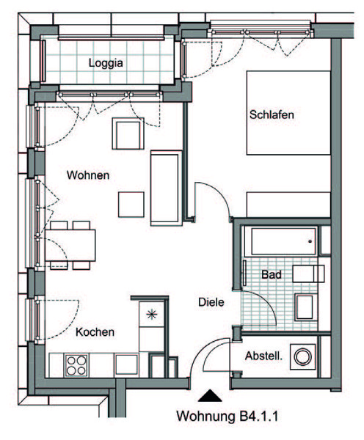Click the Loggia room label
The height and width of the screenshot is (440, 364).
tap(106, 63)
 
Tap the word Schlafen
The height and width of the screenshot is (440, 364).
tap(272, 114)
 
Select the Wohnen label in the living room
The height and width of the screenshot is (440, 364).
tap(88, 175)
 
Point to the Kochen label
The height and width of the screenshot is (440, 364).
tap(95, 332)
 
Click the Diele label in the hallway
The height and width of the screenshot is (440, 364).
tap(211, 302)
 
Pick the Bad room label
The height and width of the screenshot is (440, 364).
tap(272, 274)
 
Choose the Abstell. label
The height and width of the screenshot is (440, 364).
tap(263, 356)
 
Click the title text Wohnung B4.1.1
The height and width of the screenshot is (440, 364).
tap(227, 416)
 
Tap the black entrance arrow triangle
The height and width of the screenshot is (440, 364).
tap(210, 396)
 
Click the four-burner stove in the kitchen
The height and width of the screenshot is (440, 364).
tap(76, 365)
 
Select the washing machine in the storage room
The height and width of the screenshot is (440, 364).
tap(302, 356)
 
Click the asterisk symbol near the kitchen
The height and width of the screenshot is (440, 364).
tap(152, 315)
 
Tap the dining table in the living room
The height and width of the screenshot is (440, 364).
tap(70, 246)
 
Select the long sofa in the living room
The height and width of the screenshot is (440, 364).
tap(167, 188)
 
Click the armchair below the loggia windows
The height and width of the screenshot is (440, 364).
tap(128, 133)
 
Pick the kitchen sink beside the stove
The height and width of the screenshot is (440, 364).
tap(126, 364)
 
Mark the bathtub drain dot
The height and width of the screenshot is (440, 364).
tap(310, 241)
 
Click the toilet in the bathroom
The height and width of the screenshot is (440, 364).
tap(304, 307)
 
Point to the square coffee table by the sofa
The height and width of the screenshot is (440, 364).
tap(131, 205)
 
